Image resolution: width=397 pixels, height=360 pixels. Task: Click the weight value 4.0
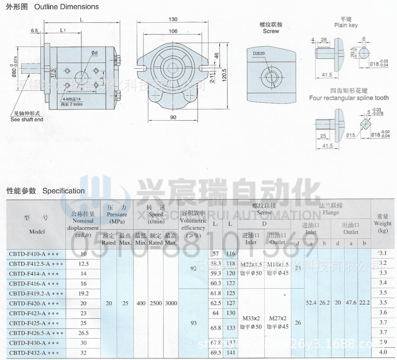click(x=382, y=352)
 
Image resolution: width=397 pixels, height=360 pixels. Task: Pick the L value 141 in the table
click(x=231, y=352)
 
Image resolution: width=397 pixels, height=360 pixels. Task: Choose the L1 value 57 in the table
click(x=216, y=254)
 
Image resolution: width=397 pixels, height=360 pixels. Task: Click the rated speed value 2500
click(x=156, y=303)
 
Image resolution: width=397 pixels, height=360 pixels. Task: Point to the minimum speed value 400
click(x=141, y=303)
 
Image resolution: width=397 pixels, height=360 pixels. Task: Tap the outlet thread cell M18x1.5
click(x=278, y=265)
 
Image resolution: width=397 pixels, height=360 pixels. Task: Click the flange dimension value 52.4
click(x=311, y=303)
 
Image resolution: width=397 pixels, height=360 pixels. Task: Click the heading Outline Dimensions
click(x=66, y=7)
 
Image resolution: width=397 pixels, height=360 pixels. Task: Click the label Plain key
click(x=346, y=25)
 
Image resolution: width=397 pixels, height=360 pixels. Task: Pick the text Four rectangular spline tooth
click(x=349, y=98)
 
